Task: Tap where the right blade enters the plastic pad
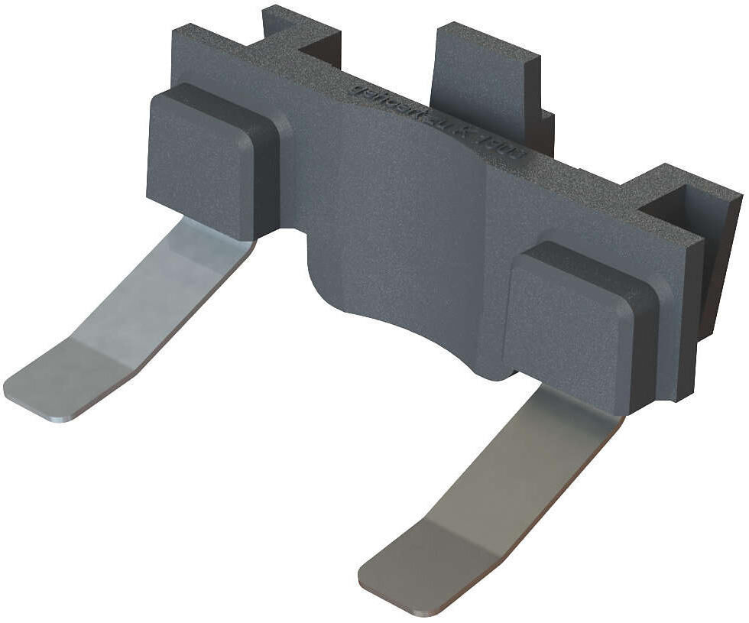(581, 401)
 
